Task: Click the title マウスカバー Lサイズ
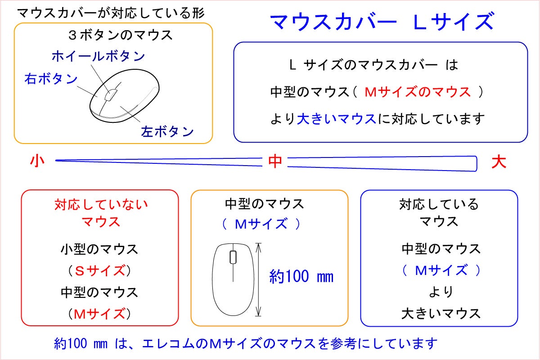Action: (x=382, y=21)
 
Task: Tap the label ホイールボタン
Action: (x=98, y=56)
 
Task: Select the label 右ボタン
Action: (x=51, y=79)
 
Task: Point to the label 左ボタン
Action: (x=167, y=131)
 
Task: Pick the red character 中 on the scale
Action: (x=275, y=162)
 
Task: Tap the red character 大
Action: (x=499, y=162)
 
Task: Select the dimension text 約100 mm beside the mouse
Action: (x=301, y=276)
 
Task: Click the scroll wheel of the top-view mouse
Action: (x=233, y=257)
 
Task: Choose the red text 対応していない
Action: (x=101, y=205)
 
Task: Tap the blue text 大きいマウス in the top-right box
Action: (x=336, y=119)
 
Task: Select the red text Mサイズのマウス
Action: (x=417, y=92)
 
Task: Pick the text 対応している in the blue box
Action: (x=439, y=205)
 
